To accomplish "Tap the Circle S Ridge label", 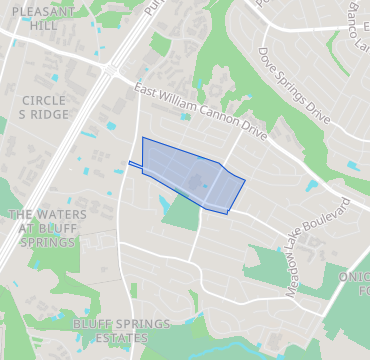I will tap(44, 107).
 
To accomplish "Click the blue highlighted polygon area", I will tap(190, 175).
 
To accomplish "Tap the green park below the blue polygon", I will tap(182, 213).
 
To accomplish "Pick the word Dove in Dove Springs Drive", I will tap(266, 55).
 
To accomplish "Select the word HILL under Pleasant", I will tap(43, 26).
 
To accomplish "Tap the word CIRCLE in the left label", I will tap(44, 100).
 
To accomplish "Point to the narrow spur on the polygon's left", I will tap(135, 163).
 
